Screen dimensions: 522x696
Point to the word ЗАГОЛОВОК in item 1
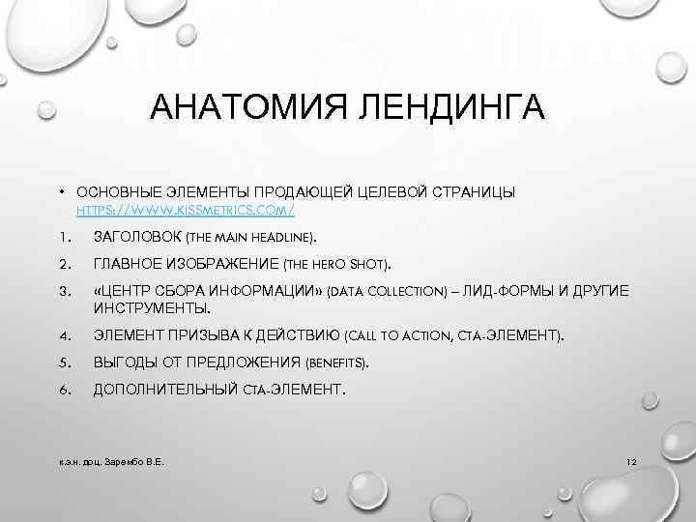[141, 237]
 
